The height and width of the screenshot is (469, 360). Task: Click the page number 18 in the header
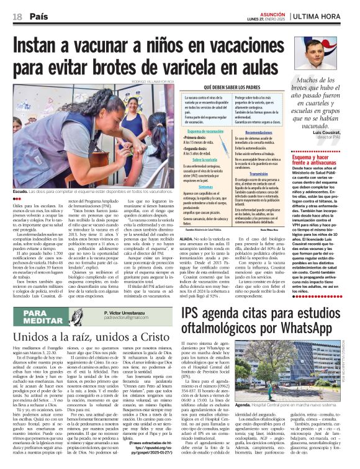click(16, 16)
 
